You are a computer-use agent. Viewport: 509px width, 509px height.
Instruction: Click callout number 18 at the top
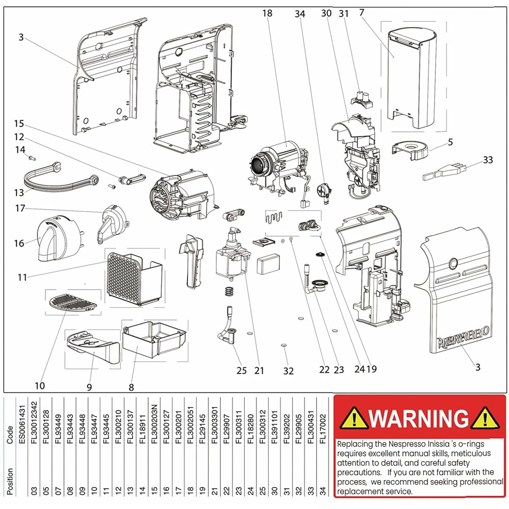268,13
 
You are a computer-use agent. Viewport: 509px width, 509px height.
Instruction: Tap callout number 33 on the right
488,160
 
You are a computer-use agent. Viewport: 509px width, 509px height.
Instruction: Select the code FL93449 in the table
58,428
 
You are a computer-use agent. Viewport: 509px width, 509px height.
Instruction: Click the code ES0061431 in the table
21,428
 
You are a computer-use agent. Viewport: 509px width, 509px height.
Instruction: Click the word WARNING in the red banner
419,419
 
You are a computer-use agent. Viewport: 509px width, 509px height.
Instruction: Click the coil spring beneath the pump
230,292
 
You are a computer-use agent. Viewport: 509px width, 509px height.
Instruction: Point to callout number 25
241,370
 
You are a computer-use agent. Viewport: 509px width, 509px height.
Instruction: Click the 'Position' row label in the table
10,478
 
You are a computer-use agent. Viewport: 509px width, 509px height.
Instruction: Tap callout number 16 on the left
19,243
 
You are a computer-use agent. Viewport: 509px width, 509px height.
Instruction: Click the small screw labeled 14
32,158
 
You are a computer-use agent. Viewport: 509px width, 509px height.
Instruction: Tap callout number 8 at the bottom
131,387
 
